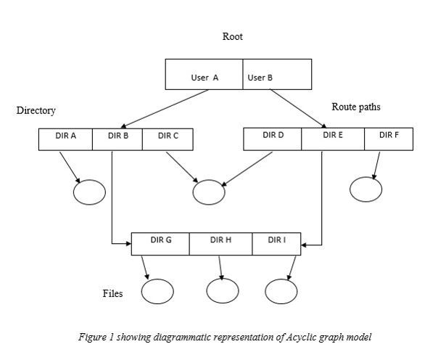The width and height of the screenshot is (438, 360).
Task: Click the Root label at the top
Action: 232,36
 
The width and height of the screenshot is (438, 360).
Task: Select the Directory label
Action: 36,111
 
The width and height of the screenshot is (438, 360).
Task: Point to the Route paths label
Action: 356,107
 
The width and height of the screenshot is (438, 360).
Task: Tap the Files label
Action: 112,294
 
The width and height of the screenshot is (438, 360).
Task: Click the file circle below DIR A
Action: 89,192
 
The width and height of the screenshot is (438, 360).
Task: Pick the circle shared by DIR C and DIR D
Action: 209,192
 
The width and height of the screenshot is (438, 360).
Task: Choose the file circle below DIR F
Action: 365,188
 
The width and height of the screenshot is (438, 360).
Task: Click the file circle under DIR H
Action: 222,291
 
